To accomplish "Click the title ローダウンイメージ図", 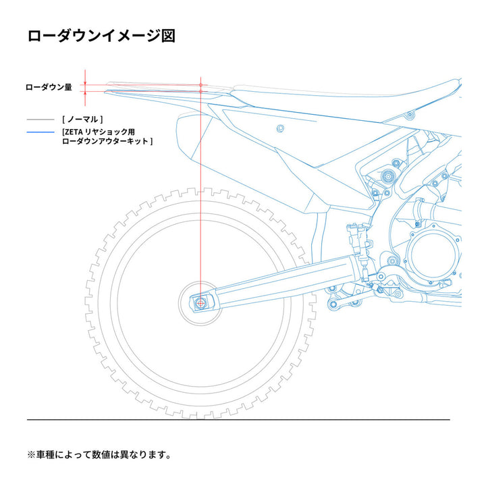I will (x=102, y=36).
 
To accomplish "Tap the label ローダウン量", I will (x=49, y=88).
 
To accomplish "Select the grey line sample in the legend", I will (x=40, y=119).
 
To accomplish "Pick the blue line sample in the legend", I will (x=40, y=132).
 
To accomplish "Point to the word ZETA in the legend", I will (x=74, y=132).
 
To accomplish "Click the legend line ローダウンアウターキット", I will (x=107, y=142).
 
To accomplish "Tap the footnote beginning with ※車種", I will (x=99, y=454).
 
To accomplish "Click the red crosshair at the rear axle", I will (x=200, y=304).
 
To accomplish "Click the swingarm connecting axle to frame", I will (x=283, y=284).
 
